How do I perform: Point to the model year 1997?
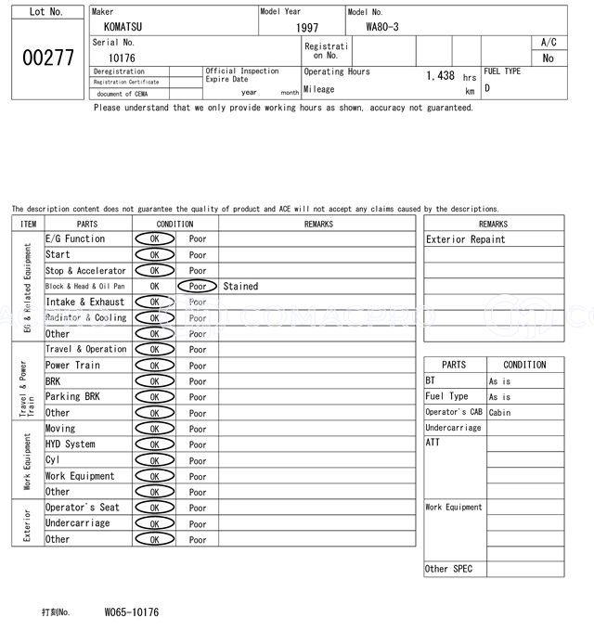coord(307,28)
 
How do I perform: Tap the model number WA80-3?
coord(382,26)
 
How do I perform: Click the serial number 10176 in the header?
coord(122,58)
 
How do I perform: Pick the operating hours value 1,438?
coord(440,76)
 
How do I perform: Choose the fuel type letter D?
coord(487,89)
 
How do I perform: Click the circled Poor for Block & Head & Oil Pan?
coord(198,287)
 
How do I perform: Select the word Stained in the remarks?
coord(240,287)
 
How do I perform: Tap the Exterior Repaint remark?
coord(466,239)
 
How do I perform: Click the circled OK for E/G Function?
coord(154,239)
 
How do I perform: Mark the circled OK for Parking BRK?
coord(154,397)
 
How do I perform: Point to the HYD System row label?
coord(71,444)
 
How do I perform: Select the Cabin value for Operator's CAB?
coord(500,412)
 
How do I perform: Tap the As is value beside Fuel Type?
coord(500,397)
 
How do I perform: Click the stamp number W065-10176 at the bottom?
coord(132,612)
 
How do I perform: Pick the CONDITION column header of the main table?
coord(175,224)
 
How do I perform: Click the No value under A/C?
coord(548,58)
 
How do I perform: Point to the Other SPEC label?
coord(449,569)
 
